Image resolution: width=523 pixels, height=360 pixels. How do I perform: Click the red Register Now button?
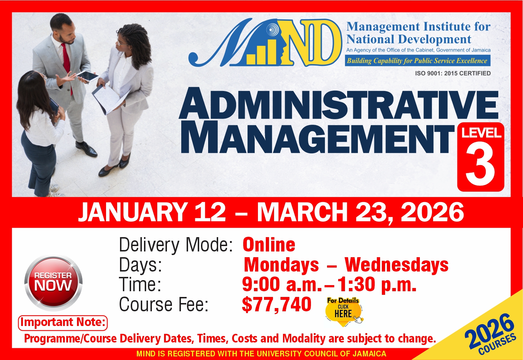coord(53,283)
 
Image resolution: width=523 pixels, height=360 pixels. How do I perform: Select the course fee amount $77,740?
coord(277,304)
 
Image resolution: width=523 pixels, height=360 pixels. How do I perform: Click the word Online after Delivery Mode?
coord(269,244)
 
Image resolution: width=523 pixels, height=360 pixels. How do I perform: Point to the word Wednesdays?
coord(397,265)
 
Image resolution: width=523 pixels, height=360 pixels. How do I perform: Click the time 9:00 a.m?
coord(282,284)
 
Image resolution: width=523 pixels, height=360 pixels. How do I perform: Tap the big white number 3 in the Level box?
coord(480,166)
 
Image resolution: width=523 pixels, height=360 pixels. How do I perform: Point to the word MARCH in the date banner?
coord(302,212)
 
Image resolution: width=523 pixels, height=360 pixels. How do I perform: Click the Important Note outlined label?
coord(63,323)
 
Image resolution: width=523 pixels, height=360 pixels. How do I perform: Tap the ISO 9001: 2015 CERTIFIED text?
coord(453,73)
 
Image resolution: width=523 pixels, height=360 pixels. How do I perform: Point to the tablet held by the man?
coord(88,76)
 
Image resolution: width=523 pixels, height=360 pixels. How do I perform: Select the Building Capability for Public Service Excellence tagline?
coord(417,61)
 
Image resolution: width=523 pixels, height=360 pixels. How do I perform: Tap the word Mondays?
coord(281,265)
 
